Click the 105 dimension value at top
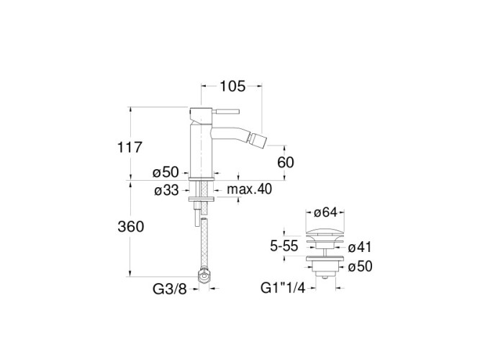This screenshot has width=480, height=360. click(x=232, y=86)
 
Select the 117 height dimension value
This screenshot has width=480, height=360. click(x=130, y=148)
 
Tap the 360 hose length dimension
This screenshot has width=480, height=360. click(x=131, y=227)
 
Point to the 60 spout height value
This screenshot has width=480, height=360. click(x=285, y=163)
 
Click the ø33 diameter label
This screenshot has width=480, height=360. click(x=166, y=191)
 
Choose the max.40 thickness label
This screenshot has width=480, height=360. click(x=249, y=189)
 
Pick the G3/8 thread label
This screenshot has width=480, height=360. click(x=170, y=289)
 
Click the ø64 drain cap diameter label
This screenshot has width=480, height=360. click(x=325, y=212)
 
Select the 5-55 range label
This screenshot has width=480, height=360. click(x=284, y=246)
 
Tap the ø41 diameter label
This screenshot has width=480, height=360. click(x=360, y=247)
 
